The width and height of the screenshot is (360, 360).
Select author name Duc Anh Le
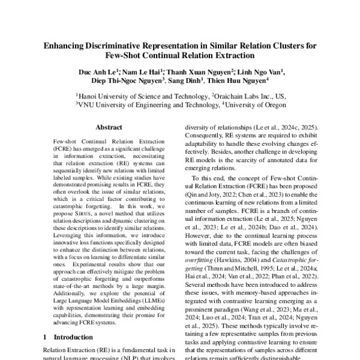(95, 72)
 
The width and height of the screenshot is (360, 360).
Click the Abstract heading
(109, 127)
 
